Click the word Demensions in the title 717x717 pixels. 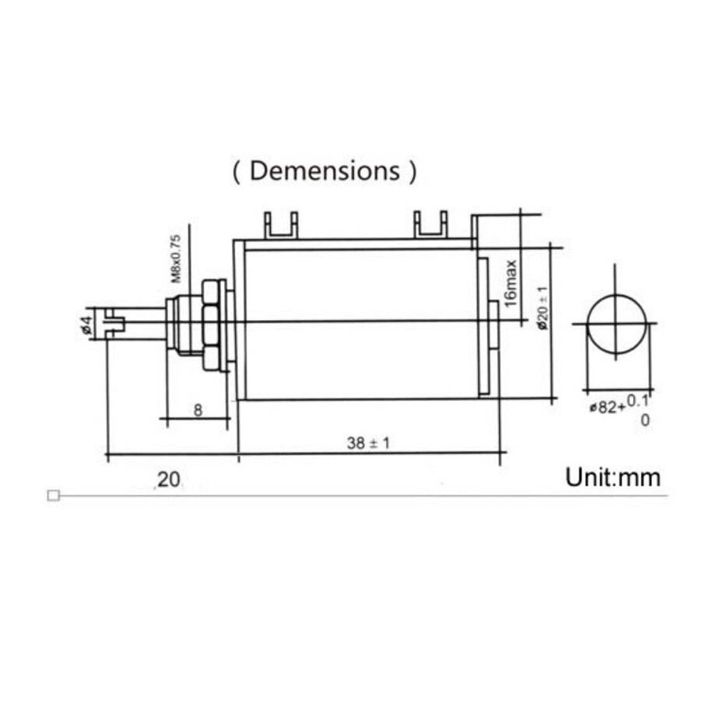325,170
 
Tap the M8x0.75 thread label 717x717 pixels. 176,258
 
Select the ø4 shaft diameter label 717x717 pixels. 87,324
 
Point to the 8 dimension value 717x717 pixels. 198,410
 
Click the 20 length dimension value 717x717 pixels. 168,480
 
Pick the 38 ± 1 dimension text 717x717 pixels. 368,443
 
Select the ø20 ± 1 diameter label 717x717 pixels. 543,308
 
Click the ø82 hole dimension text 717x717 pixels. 606,407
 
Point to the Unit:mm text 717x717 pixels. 613,477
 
